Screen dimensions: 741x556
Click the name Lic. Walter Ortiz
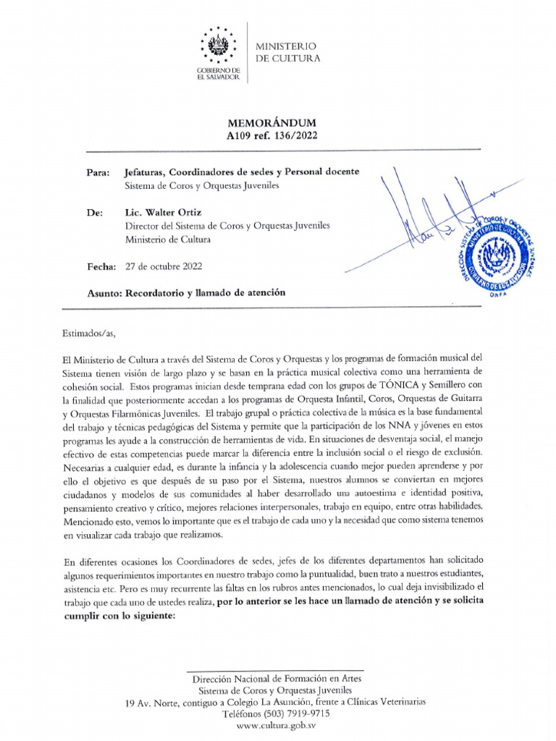tap(163, 213)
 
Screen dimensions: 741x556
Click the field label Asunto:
tap(104, 292)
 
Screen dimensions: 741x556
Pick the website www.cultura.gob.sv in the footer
tap(277, 725)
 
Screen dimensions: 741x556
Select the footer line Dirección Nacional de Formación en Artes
tap(277, 679)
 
